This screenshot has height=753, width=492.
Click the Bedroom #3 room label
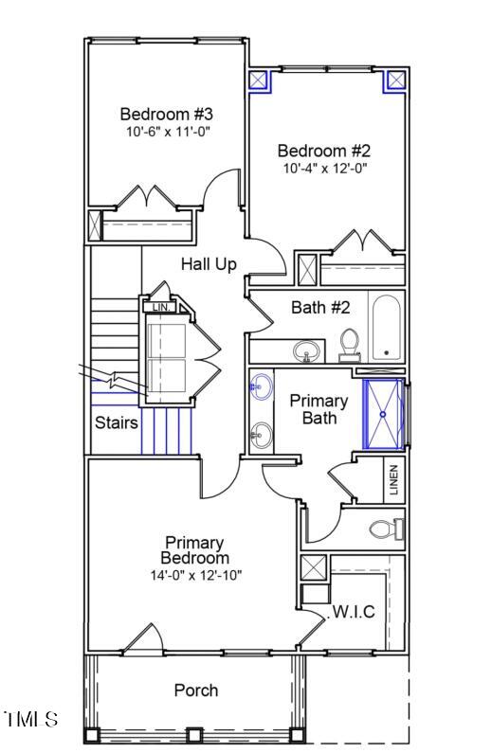(x=166, y=115)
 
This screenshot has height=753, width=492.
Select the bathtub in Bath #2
(x=386, y=328)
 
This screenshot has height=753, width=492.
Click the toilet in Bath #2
(x=349, y=345)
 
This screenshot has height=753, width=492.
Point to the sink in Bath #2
(x=306, y=351)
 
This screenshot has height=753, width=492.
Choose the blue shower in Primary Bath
(x=383, y=414)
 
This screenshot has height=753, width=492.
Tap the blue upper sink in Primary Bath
(x=261, y=386)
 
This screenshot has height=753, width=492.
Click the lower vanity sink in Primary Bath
(x=261, y=435)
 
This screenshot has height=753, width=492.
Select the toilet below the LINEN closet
(x=387, y=529)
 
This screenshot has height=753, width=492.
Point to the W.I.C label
(x=354, y=612)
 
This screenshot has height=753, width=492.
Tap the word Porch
(x=196, y=690)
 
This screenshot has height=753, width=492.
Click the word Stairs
(x=117, y=422)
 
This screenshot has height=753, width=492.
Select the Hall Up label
(x=209, y=264)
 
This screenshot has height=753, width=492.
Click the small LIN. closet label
(x=161, y=307)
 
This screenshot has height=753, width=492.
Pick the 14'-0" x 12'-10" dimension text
(x=196, y=575)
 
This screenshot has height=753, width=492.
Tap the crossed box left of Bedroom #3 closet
(x=95, y=225)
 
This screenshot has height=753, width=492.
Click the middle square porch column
(x=193, y=735)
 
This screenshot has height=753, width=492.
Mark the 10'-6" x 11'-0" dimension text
(x=169, y=132)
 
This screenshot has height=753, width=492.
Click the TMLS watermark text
(x=31, y=719)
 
